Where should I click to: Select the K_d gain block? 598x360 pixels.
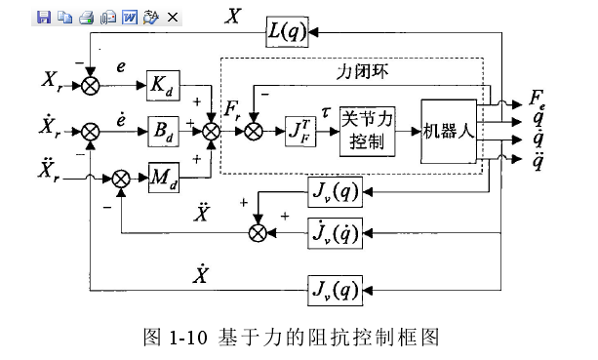tap(165, 85)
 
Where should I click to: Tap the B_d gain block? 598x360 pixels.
tap(165, 128)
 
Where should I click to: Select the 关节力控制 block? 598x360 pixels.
tap(368, 128)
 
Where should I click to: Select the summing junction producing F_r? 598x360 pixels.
tap(210, 128)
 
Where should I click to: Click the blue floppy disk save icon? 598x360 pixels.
tap(42, 17)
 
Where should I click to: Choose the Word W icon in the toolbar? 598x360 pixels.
tap(129, 17)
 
